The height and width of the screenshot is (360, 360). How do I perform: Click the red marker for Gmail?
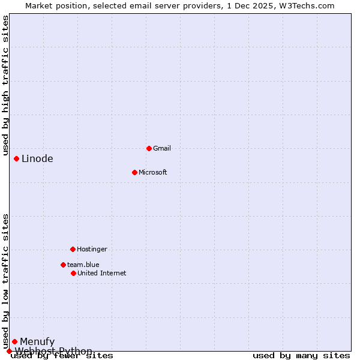(149, 148)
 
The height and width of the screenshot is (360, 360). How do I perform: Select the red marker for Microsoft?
(134, 172)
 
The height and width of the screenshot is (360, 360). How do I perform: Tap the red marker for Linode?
(16, 158)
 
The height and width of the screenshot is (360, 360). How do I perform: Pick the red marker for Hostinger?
(73, 249)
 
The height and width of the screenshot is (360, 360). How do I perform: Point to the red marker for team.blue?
(63, 265)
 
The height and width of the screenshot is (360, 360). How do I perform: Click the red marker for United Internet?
(73, 273)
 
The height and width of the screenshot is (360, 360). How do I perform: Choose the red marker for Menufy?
(14, 341)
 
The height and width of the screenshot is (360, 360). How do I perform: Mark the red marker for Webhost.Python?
(9, 351)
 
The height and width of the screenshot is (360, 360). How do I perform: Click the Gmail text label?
(162, 148)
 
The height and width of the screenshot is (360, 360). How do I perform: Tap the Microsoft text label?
(153, 172)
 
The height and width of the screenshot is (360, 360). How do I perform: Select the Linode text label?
(37, 159)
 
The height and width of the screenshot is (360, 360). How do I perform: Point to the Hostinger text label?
(92, 249)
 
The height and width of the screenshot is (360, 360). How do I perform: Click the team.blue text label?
(83, 265)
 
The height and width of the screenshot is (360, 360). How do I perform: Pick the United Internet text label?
(102, 273)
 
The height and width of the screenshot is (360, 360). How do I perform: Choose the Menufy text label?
(37, 342)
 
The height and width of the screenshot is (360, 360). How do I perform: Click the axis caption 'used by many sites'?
(301, 356)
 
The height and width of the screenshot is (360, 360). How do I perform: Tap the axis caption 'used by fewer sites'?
(62, 356)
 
